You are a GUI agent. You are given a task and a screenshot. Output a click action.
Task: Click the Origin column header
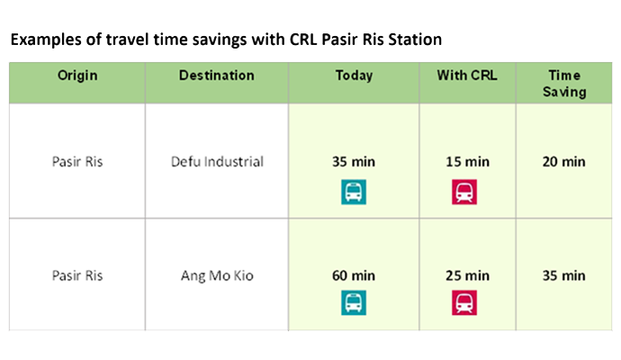pyautogui.click(x=77, y=76)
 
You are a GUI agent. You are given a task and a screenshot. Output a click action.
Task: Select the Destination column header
pyautogui.click(x=217, y=76)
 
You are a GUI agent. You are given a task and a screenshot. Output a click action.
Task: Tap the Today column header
pyautogui.click(x=354, y=76)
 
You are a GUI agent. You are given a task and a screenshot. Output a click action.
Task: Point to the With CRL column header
pyautogui.click(x=467, y=76)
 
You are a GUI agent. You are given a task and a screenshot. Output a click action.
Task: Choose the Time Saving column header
pyautogui.click(x=564, y=83)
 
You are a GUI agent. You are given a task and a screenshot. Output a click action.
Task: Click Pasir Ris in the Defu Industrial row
pyautogui.click(x=77, y=162)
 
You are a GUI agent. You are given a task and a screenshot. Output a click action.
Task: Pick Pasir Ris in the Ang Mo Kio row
pyautogui.click(x=77, y=275)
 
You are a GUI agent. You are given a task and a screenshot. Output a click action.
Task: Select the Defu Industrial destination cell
pyautogui.click(x=217, y=162)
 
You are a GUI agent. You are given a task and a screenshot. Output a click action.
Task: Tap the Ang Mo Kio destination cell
pyautogui.click(x=217, y=275)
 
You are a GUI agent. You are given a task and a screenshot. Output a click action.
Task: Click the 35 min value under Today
pyautogui.click(x=354, y=162)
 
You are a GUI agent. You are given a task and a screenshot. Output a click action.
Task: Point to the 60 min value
pyautogui.click(x=354, y=275)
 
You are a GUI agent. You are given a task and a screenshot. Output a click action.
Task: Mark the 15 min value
pyautogui.click(x=467, y=162)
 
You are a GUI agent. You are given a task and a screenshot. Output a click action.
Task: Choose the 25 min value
pyautogui.click(x=467, y=275)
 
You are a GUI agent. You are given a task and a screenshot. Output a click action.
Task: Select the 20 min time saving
pyautogui.click(x=564, y=162)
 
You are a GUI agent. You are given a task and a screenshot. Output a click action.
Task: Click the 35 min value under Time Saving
pyautogui.click(x=564, y=275)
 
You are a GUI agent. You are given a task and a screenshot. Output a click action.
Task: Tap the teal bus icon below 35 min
pyautogui.click(x=354, y=192)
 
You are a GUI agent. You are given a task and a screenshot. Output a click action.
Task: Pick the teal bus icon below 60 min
pyautogui.click(x=354, y=304)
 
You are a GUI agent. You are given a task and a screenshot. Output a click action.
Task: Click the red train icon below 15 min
pyautogui.click(x=465, y=192)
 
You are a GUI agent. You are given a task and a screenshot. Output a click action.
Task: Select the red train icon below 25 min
pyautogui.click(x=465, y=304)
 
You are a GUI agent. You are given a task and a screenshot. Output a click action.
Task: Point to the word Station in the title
pyautogui.click(x=415, y=40)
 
